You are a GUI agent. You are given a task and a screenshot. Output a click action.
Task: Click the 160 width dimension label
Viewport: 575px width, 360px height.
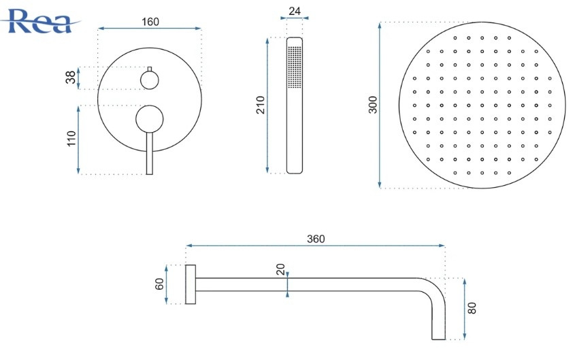click(150, 21)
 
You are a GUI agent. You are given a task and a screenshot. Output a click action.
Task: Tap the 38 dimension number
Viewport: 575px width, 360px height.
click(71, 78)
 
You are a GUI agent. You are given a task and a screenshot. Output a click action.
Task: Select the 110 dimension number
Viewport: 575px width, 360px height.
click(71, 140)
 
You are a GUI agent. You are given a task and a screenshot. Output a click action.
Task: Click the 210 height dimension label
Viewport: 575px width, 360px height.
click(261, 105)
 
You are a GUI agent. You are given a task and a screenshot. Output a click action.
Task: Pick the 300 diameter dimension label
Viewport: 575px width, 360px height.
click(373, 104)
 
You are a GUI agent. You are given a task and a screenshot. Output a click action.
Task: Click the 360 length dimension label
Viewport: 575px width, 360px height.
click(316, 238)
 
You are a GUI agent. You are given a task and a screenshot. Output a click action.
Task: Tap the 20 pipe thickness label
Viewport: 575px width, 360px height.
click(280, 269)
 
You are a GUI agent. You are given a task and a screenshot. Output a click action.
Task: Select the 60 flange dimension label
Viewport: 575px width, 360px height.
click(161, 284)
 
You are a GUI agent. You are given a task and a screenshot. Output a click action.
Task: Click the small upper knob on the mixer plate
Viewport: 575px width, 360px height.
click(150, 80)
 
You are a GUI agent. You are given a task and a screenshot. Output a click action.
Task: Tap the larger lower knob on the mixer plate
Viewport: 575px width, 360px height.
click(150, 118)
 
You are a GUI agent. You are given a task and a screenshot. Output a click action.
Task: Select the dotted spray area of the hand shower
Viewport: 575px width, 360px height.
click(295, 66)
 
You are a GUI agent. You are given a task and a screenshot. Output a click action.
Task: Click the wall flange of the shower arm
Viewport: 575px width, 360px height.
click(191, 284)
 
